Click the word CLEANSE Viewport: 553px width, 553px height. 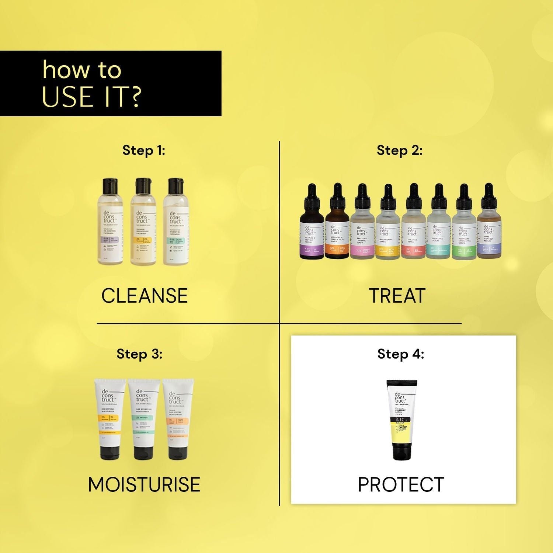[x=144, y=296]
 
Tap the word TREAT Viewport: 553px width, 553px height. [x=397, y=296]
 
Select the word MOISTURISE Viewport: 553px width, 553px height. [x=144, y=484]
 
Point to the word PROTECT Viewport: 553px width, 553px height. [x=401, y=484]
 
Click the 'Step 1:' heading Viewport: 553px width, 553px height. [x=144, y=150]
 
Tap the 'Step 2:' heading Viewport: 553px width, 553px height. [x=399, y=150]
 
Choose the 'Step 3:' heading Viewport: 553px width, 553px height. [x=139, y=354]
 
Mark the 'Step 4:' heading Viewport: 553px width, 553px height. [x=401, y=354]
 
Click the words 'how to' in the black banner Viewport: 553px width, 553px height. [x=82, y=70]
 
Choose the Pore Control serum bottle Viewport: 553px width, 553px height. [x=489, y=229]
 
